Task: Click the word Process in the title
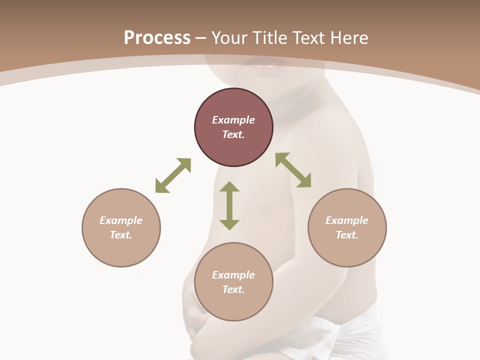(157, 38)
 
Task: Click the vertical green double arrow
(229, 205)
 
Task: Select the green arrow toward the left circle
(173, 175)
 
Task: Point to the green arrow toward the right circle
(293, 170)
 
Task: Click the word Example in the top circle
(233, 120)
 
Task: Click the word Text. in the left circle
(121, 235)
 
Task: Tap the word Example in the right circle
(347, 220)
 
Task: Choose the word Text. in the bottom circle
(233, 289)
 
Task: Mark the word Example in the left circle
(121, 220)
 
